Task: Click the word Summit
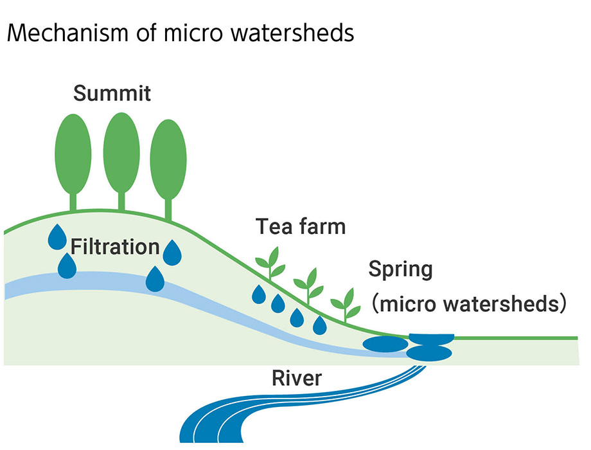tap(112, 93)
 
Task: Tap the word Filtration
tap(115, 246)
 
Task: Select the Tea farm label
tap(301, 226)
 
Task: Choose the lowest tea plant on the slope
tap(346, 303)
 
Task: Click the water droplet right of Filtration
tap(172, 251)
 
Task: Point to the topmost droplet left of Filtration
tap(57, 237)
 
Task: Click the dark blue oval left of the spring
tap(385, 344)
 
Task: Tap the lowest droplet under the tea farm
tap(319, 325)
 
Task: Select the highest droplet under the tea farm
tap(258, 294)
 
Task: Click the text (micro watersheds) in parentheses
tap(469, 303)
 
